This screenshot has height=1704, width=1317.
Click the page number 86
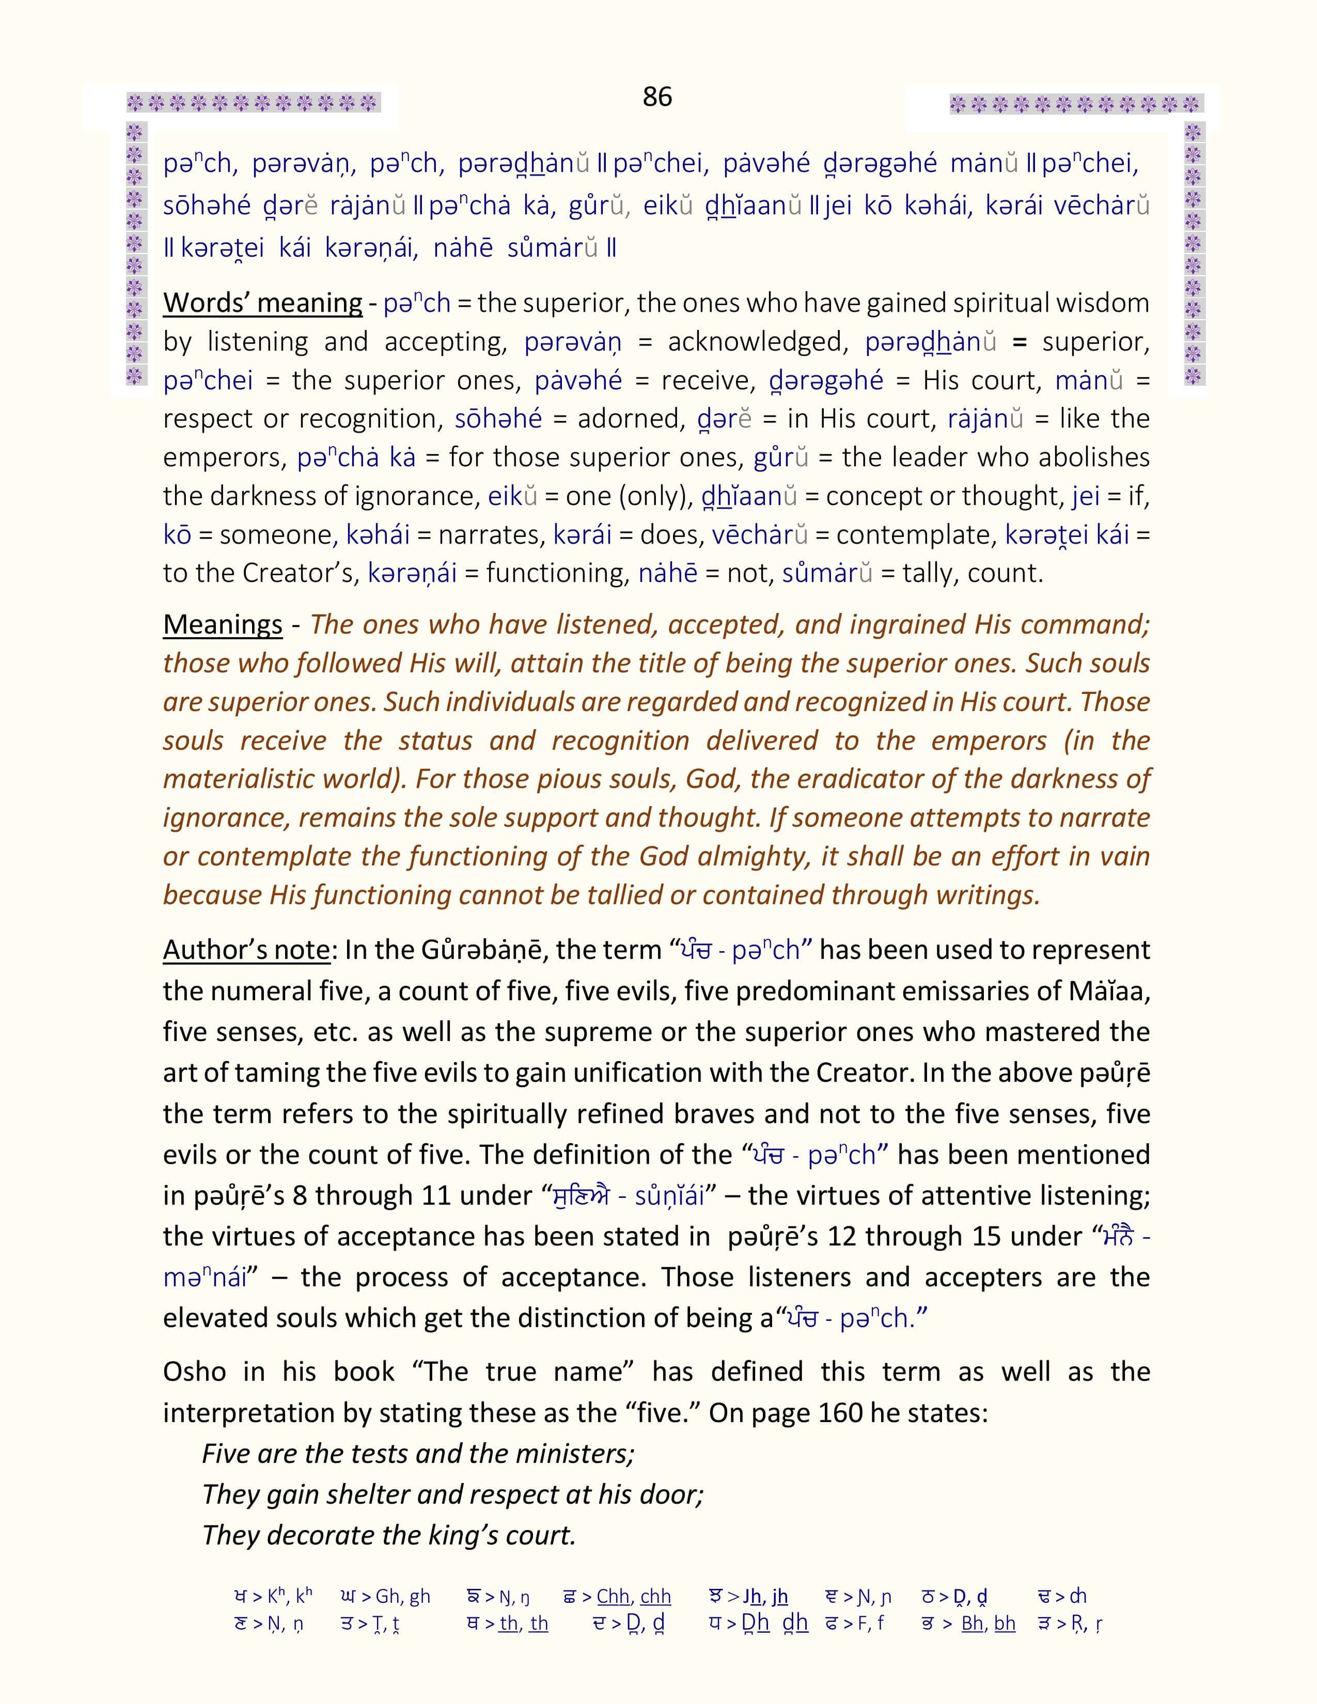point(657,97)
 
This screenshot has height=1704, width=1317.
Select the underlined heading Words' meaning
point(262,303)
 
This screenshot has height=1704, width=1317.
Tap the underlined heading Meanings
point(223,624)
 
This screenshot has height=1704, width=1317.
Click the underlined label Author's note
point(246,950)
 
